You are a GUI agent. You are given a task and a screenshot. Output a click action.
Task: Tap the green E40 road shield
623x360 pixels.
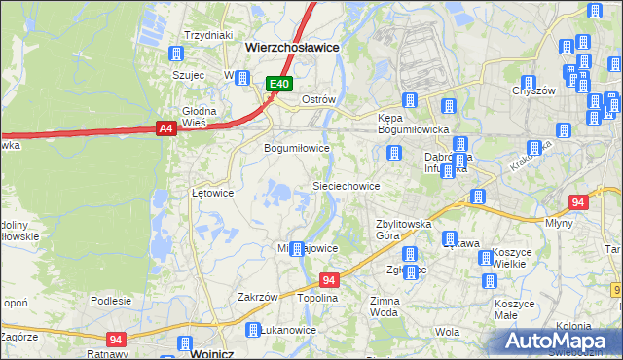pos(279,85)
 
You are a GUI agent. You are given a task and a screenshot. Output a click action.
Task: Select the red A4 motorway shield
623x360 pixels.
pos(165,127)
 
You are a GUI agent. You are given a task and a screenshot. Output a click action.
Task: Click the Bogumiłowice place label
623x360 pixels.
pos(297,149)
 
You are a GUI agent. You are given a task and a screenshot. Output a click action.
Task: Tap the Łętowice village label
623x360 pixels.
pos(212,193)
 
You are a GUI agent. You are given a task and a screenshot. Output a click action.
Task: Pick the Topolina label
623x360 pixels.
pos(317,298)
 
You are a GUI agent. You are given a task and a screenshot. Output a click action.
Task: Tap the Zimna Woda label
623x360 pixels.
pos(384,307)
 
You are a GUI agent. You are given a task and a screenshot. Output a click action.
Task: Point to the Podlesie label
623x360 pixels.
pos(110,301)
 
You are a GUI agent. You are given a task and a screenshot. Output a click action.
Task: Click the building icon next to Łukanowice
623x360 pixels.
pos(253,330)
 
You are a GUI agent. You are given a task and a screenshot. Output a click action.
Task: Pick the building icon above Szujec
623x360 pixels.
pos(178,54)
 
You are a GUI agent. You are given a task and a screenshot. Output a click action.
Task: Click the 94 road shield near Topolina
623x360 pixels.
pos(329,280)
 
